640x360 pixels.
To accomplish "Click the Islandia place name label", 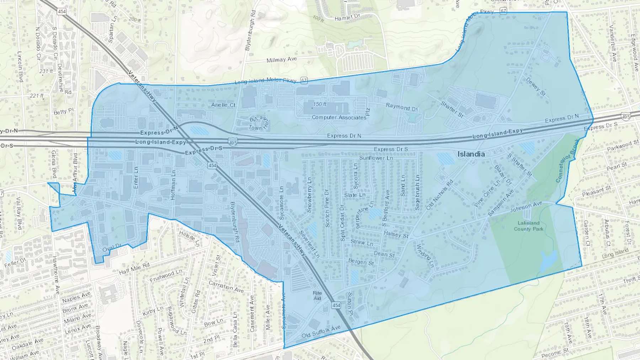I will [471, 154].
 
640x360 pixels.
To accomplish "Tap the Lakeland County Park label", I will [528, 226].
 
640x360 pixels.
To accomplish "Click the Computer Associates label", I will [338, 118].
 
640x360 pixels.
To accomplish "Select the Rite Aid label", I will [317, 296].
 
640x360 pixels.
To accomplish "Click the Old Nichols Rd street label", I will [440, 194].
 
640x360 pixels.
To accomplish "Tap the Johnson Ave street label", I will [526, 207].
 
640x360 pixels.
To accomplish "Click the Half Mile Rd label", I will [134, 269].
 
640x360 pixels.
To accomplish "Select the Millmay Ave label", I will [282, 60].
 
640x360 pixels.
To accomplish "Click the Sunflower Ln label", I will [376, 158].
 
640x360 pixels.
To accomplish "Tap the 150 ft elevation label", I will [319, 104].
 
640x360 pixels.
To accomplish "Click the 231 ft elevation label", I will [46, 71].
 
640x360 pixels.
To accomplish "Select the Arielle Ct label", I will [223, 105].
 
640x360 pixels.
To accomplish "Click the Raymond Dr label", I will [402, 107].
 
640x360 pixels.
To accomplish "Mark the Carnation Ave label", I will [226, 287].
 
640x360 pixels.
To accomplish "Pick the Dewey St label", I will [535, 87].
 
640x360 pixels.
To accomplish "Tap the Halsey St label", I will [396, 235].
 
